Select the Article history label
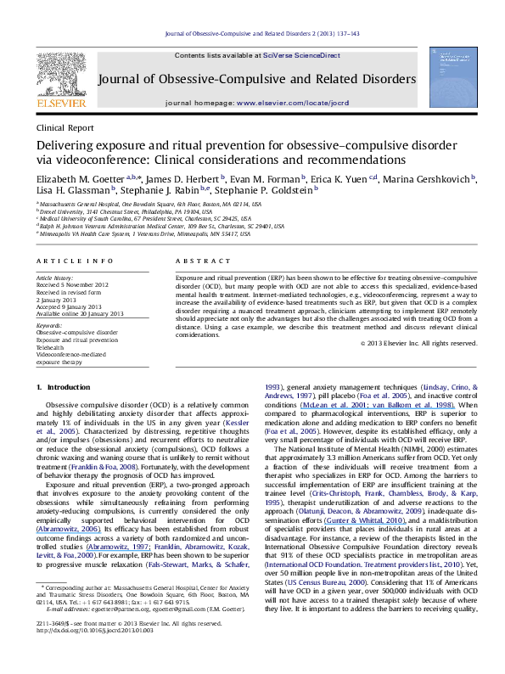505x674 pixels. click(54, 278)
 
